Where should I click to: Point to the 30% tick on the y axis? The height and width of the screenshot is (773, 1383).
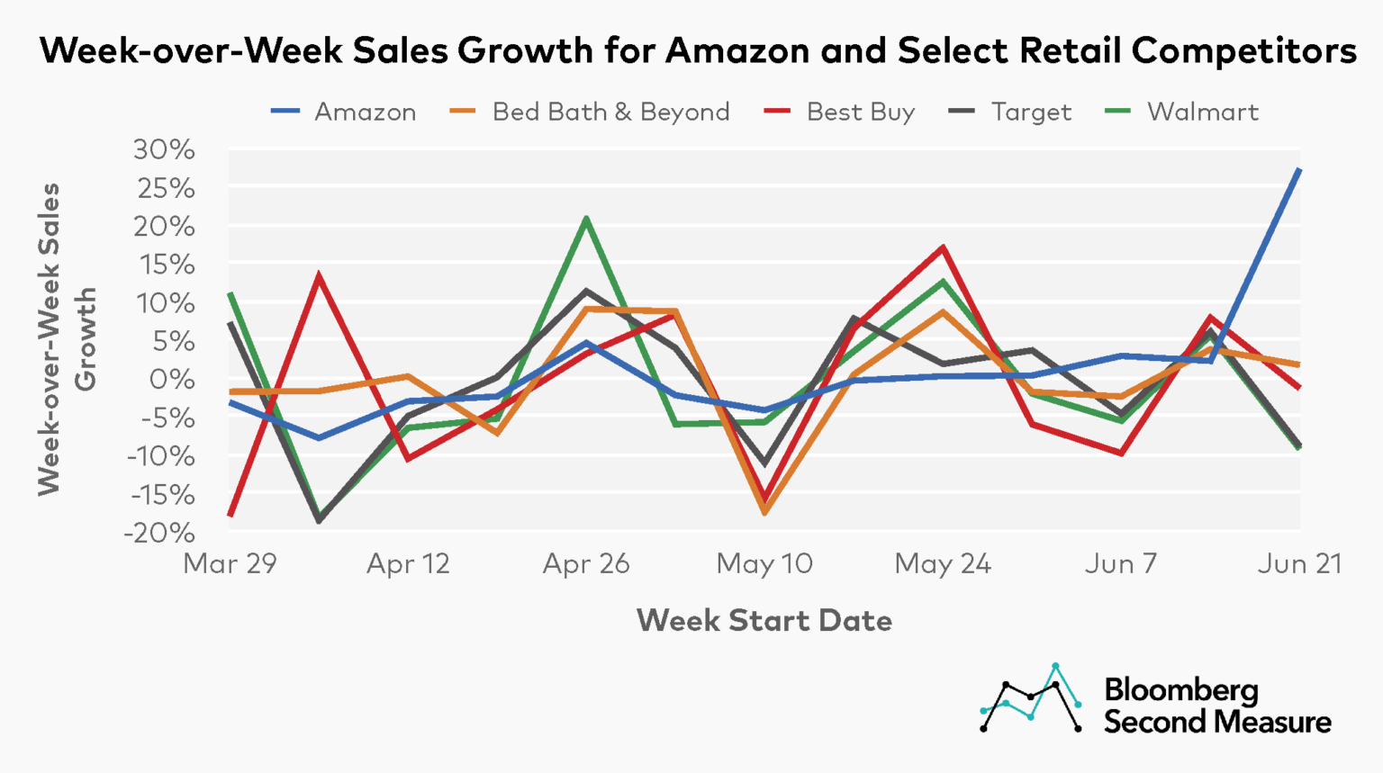(x=164, y=149)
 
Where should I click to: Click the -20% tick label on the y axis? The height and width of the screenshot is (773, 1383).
(x=160, y=533)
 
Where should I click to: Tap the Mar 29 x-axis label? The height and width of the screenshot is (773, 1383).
(x=230, y=564)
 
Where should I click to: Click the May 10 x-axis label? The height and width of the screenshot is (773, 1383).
(x=764, y=564)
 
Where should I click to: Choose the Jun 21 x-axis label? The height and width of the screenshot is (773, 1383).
(x=1299, y=564)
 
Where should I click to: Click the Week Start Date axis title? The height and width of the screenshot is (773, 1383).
(x=764, y=620)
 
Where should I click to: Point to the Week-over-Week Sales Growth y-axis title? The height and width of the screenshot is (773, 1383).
(x=67, y=339)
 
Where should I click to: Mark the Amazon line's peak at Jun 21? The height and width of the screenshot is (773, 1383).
(x=1299, y=169)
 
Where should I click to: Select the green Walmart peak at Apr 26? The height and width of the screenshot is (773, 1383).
(x=586, y=218)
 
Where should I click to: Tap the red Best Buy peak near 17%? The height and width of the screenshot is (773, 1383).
(x=943, y=247)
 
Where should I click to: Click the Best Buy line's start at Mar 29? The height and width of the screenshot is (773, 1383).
(x=230, y=515)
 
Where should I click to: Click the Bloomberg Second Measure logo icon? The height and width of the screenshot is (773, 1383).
(x=1031, y=698)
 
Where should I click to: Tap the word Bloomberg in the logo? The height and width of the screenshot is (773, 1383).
(x=1180, y=690)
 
